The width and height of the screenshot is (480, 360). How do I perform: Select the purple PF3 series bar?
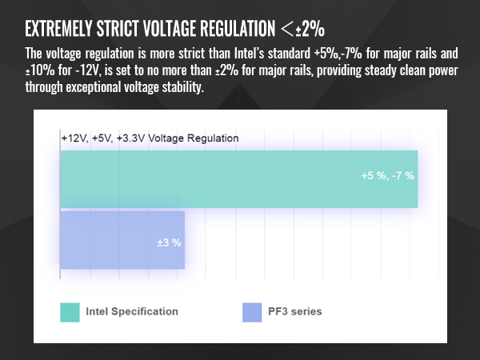[122, 240]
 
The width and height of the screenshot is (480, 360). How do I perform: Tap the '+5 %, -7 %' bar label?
[387, 176]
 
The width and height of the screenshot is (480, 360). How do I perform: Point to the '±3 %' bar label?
[170, 242]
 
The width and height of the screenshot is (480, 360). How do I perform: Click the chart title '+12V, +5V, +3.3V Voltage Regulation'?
[150, 138]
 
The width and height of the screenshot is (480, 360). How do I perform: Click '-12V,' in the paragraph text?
[82, 72]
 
